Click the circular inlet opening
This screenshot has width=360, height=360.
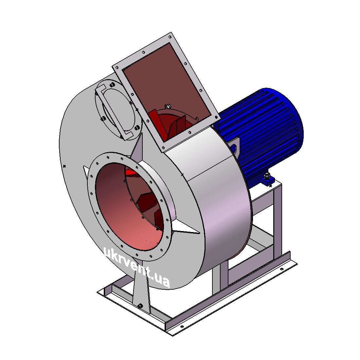coord(129,207)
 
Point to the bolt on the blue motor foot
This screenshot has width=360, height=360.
coord(267,176)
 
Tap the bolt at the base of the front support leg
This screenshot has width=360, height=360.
coord(140,306)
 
